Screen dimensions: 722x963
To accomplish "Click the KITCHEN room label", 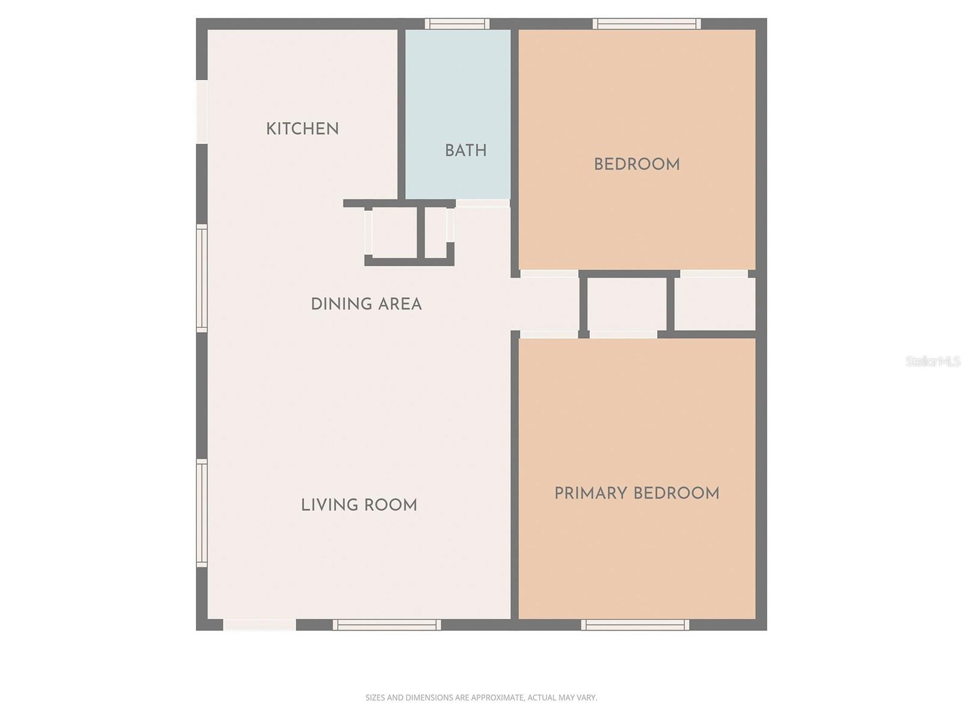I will point(302,129).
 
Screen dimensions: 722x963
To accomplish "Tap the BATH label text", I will point(465,150).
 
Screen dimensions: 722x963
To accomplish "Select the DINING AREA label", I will point(366,304).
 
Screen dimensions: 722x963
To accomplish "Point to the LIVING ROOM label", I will point(359,505).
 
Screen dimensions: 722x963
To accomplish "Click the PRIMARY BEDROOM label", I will point(636,493).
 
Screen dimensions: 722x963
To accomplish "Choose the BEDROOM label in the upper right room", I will point(636,164).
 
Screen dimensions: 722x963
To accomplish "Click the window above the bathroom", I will point(457,24).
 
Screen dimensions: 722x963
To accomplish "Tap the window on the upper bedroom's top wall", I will point(646,24).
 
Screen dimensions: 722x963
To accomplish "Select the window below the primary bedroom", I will point(635,625).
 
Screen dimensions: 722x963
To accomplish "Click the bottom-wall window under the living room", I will point(387,625).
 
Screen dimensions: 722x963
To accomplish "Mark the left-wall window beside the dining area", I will point(202,278).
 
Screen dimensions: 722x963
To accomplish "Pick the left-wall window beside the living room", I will point(202,513).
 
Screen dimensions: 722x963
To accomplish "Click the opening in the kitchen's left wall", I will point(202,112).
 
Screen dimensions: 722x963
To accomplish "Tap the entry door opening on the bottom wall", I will point(259,625).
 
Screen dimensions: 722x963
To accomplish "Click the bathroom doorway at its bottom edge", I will point(483,203).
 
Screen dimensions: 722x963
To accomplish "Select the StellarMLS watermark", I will point(932,362).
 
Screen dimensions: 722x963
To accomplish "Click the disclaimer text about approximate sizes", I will point(481,698).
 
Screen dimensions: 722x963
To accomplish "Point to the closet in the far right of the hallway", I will point(714,304).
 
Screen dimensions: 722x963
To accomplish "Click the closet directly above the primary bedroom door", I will point(626,304).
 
